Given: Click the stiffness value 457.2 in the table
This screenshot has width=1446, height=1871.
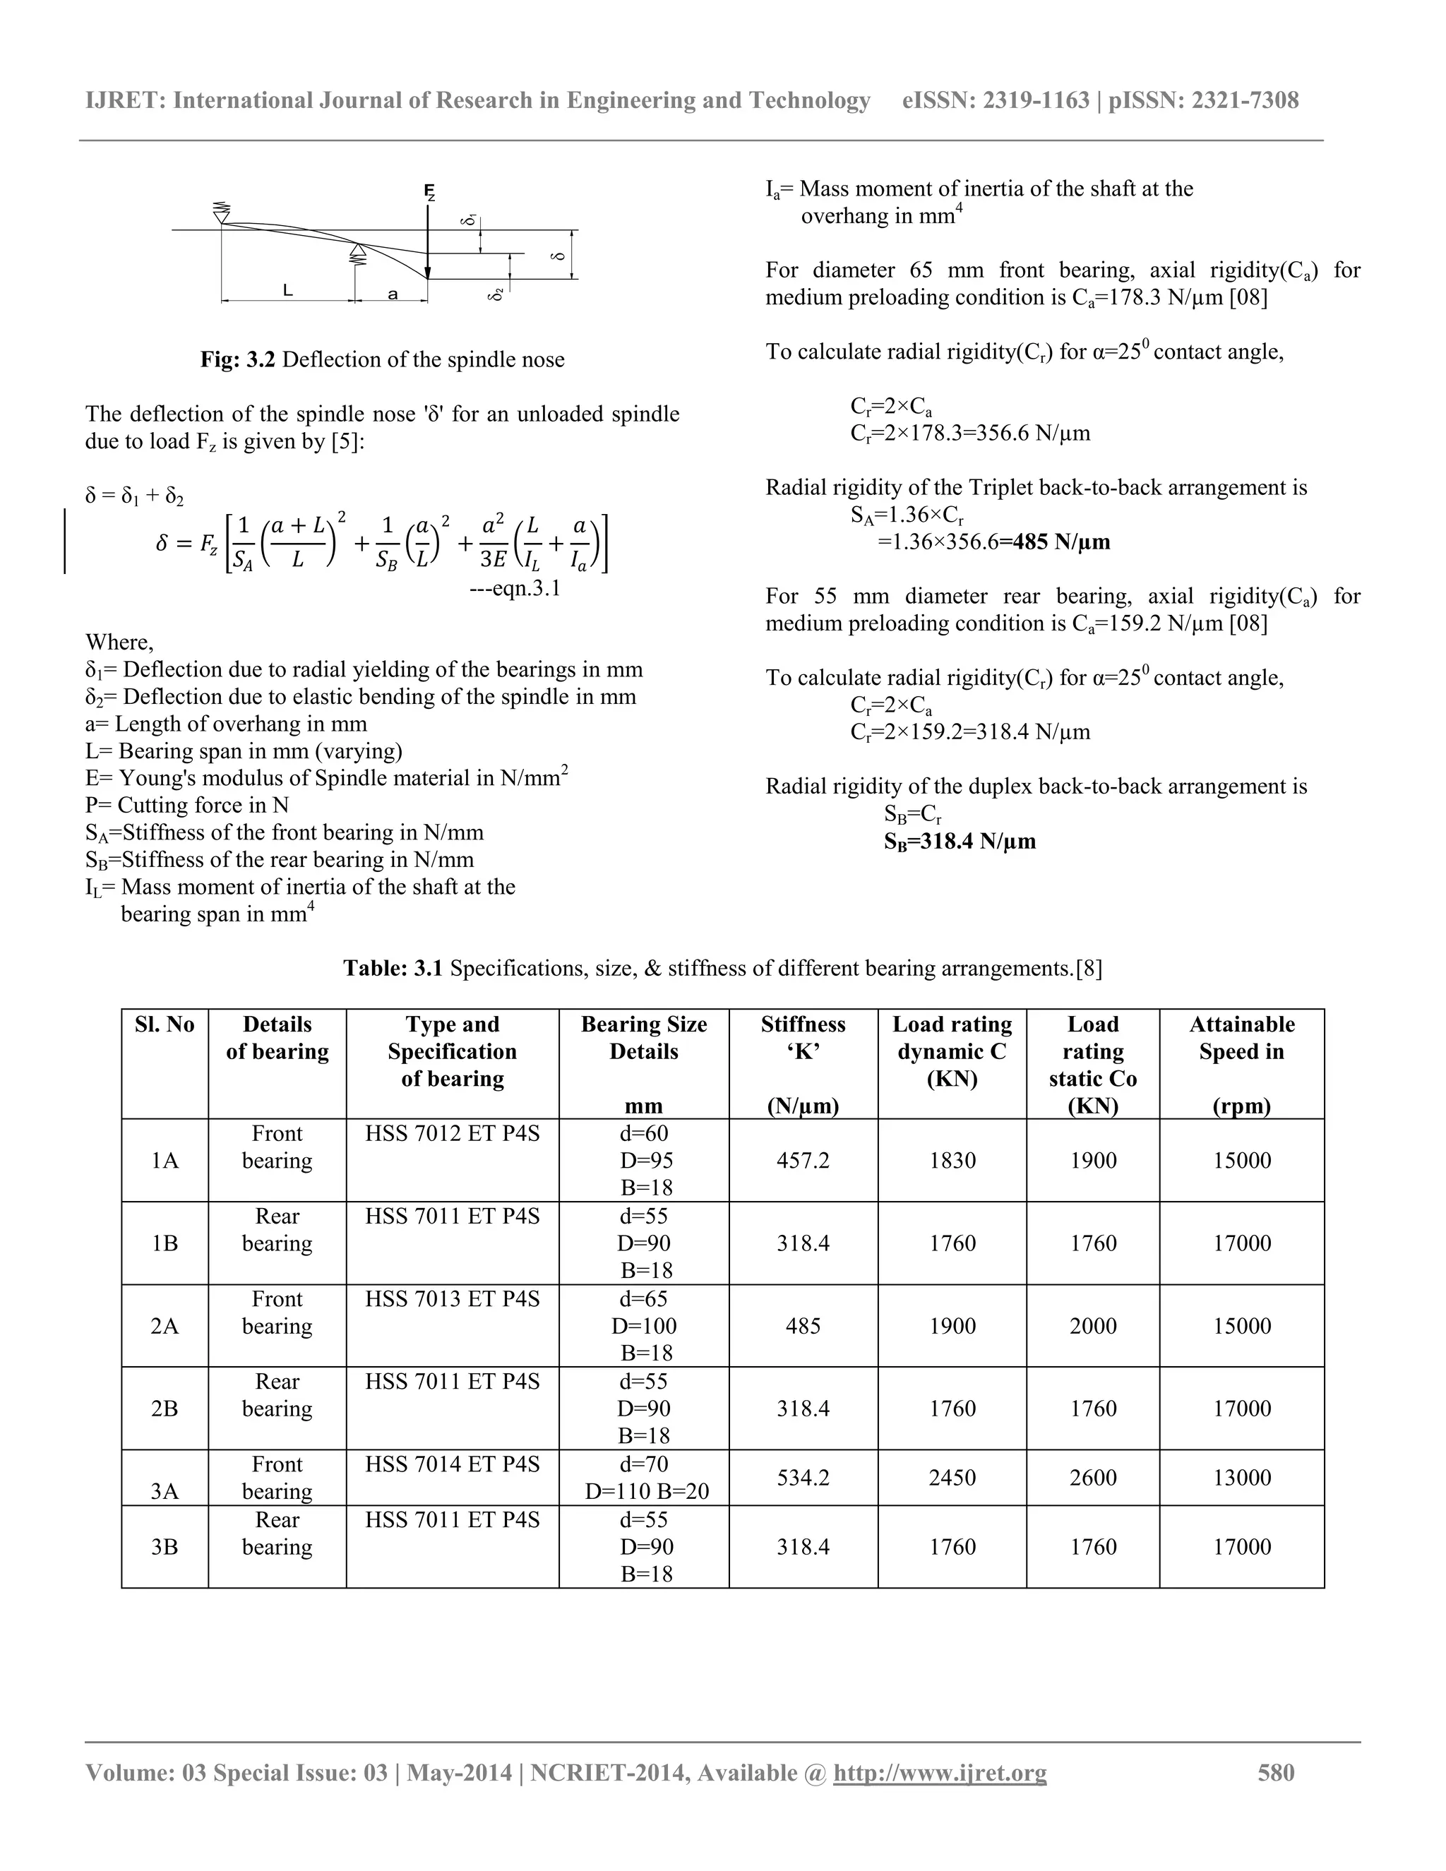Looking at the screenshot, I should [x=803, y=1161].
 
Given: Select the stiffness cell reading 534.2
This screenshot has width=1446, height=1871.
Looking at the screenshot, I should [x=803, y=1478].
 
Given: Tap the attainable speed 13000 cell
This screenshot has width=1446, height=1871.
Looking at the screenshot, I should [x=1241, y=1478].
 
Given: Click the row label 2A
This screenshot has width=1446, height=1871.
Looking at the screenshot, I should [x=165, y=1326].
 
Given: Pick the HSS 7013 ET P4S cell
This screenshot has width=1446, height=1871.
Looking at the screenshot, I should [x=453, y=1300].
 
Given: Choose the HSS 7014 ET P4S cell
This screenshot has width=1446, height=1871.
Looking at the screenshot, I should [x=453, y=1465].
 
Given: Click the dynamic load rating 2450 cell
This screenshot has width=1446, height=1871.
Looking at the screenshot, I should [x=952, y=1478].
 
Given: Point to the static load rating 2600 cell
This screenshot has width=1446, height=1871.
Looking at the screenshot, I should [x=1092, y=1478].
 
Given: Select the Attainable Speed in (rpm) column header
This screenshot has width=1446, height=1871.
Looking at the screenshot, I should [x=1241, y=1064].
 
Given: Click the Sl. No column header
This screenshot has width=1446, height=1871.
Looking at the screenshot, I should [x=165, y=1024].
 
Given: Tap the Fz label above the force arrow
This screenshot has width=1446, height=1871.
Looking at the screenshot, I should [x=429, y=192].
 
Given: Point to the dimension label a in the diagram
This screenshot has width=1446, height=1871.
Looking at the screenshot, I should [x=393, y=294].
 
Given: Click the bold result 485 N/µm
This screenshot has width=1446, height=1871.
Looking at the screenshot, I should [x=1060, y=542].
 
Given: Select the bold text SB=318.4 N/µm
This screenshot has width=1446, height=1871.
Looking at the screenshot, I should [x=960, y=842].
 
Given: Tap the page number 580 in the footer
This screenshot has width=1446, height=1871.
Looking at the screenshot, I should [x=1276, y=1772].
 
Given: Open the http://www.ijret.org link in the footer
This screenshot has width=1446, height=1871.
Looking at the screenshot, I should [x=940, y=1772].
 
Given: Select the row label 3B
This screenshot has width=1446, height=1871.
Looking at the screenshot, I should [x=165, y=1547].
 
